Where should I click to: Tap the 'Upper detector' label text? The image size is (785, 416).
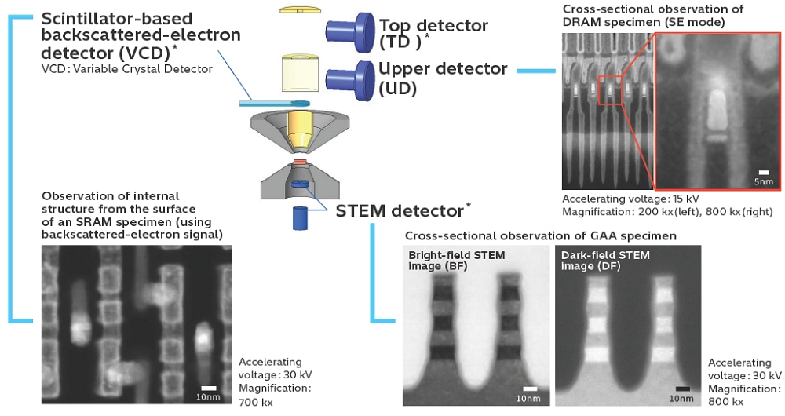point(442,69)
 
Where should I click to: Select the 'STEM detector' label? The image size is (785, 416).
point(399,210)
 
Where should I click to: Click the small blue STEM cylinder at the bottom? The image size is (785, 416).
point(299,217)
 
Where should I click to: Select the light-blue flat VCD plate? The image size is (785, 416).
point(275,104)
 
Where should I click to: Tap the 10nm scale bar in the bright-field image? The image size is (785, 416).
point(531,389)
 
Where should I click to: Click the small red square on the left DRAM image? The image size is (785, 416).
point(609,89)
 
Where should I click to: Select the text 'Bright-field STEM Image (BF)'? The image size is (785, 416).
point(456,261)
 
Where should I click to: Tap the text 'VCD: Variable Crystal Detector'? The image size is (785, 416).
point(127,69)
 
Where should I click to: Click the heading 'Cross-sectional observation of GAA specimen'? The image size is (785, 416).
point(541,235)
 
